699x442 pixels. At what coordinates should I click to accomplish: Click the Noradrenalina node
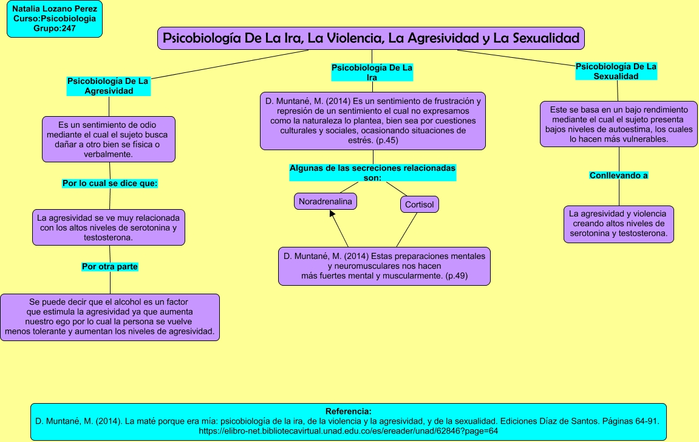point(326,201)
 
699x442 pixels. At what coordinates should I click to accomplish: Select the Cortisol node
point(420,204)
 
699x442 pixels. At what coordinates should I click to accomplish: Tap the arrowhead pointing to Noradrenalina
point(332,213)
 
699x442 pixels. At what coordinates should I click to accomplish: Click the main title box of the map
point(371,38)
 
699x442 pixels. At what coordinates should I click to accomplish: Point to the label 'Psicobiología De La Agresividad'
point(108,86)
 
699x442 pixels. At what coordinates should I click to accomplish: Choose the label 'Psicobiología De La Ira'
point(372,72)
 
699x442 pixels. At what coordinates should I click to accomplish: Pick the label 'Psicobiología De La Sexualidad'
point(616,71)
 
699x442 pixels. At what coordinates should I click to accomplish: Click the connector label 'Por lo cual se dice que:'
point(110,184)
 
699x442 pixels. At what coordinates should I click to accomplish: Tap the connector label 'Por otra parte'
point(110,266)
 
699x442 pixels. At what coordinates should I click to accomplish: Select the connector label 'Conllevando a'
point(619,176)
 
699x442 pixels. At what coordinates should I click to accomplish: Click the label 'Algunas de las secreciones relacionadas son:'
point(373,173)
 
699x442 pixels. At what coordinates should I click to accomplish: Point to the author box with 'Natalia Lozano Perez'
point(55,19)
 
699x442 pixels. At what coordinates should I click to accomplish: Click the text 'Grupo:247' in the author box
point(55,29)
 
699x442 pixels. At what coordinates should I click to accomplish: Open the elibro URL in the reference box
point(348,431)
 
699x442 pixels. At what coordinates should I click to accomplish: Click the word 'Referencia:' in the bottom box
point(348,411)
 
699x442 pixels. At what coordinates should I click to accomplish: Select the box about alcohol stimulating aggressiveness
point(110,317)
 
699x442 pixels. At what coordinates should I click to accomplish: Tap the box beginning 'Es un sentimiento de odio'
point(108,139)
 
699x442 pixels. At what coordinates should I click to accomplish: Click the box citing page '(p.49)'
point(384,266)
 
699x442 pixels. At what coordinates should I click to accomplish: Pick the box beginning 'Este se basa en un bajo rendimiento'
point(619,124)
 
